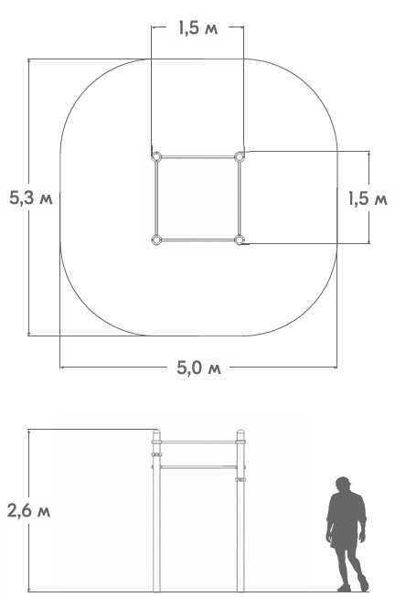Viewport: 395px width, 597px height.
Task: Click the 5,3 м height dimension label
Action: pyautogui.click(x=31, y=198)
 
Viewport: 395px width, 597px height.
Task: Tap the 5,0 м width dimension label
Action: pyautogui.click(x=198, y=368)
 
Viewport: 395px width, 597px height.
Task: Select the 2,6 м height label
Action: pyautogui.click(x=29, y=510)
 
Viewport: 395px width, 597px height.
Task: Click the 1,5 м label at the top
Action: pyautogui.click(x=198, y=28)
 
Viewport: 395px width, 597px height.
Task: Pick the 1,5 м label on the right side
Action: pyautogui.click(x=368, y=198)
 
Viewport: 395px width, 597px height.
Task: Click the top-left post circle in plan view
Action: pyautogui.click(x=156, y=156)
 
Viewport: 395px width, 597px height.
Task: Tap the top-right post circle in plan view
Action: pyautogui.click(x=240, y=156)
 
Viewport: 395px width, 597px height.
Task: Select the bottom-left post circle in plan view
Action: pyautogui.click(x=156, y=240)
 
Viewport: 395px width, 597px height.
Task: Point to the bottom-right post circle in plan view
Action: pyautogui.click(x=240, y=240)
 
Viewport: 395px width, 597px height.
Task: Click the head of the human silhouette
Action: pyautogui.click(x=343, y=484)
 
